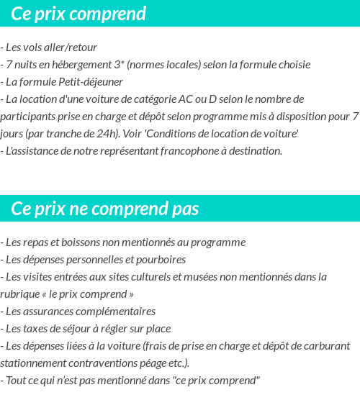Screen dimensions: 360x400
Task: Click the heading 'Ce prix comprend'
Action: tap(78, 14)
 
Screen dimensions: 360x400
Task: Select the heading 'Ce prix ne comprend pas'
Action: tap(105, 209)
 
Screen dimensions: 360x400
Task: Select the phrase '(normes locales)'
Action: tap(163, 65)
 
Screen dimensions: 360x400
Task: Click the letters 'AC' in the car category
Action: tap(224, 99)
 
